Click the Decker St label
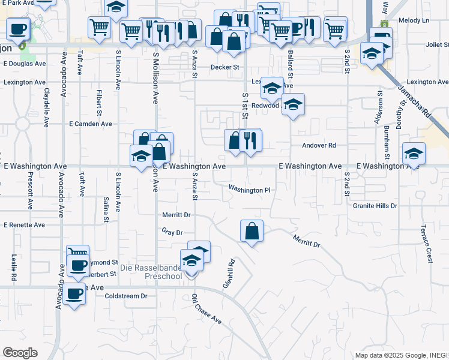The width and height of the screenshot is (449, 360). pyautogui.click(x=224, y=67)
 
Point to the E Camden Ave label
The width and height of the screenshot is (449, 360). pyautogui.click(x=91, y=124)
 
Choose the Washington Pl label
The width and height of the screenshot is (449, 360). pyautogui.click(x=249, y=190)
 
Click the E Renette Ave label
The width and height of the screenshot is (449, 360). pyautogui.click(x=24, y=225)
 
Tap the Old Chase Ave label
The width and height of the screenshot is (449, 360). pyautogui.click(x=206, y=309)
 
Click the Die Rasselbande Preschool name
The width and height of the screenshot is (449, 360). pyautogui.click(x=151, y=272)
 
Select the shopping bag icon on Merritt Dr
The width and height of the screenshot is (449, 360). pyautogui.click(x=252, y=230)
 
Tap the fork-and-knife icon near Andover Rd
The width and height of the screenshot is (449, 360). pyautogui.click(x=250, y=140)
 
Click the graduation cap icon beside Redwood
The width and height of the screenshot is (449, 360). pyautogui.click(x=293, y=104)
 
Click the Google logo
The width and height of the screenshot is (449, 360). pyautogui.click(x=20, y=353)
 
